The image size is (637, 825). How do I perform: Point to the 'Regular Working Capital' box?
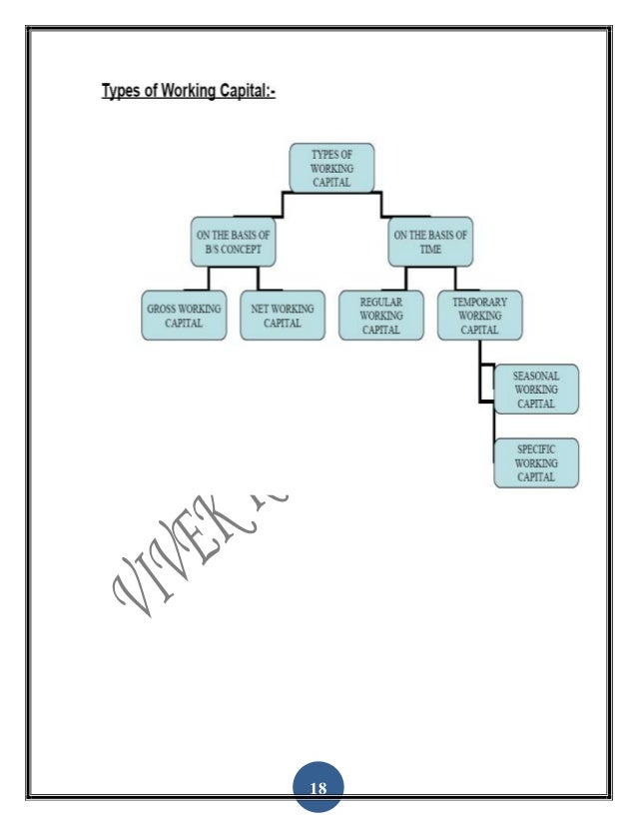tap(380, 316)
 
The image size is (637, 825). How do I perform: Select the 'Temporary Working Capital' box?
tap(479, 316)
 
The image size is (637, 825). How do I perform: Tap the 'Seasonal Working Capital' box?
tap(536, 390)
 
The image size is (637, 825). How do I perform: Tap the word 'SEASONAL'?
tap(536, 377)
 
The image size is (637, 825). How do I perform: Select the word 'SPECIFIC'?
tap(536, 450)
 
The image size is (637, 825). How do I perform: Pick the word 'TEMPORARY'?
tap(480, 302)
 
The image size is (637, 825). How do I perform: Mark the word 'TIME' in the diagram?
tap(431, 249)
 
